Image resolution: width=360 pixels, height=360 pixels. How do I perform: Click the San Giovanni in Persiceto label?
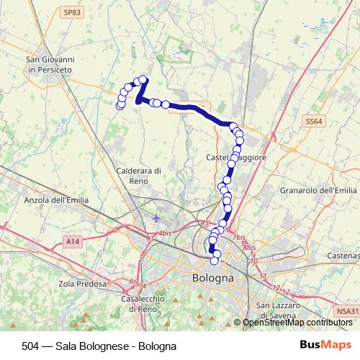tap(50, 64)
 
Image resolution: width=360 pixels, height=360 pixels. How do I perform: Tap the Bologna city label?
tap(213, 277)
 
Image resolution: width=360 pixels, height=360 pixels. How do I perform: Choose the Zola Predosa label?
tap(75, 284)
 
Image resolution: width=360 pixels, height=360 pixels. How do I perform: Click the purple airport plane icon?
tap(158, 217)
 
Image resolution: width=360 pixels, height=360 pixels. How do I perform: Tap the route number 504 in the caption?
tap(21, 346)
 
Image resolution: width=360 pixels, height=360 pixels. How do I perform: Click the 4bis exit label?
tap(165, 233)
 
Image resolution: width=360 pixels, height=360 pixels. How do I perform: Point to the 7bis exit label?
tap(239, 237)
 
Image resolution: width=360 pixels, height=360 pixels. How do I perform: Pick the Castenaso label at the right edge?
tap(344, 256)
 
